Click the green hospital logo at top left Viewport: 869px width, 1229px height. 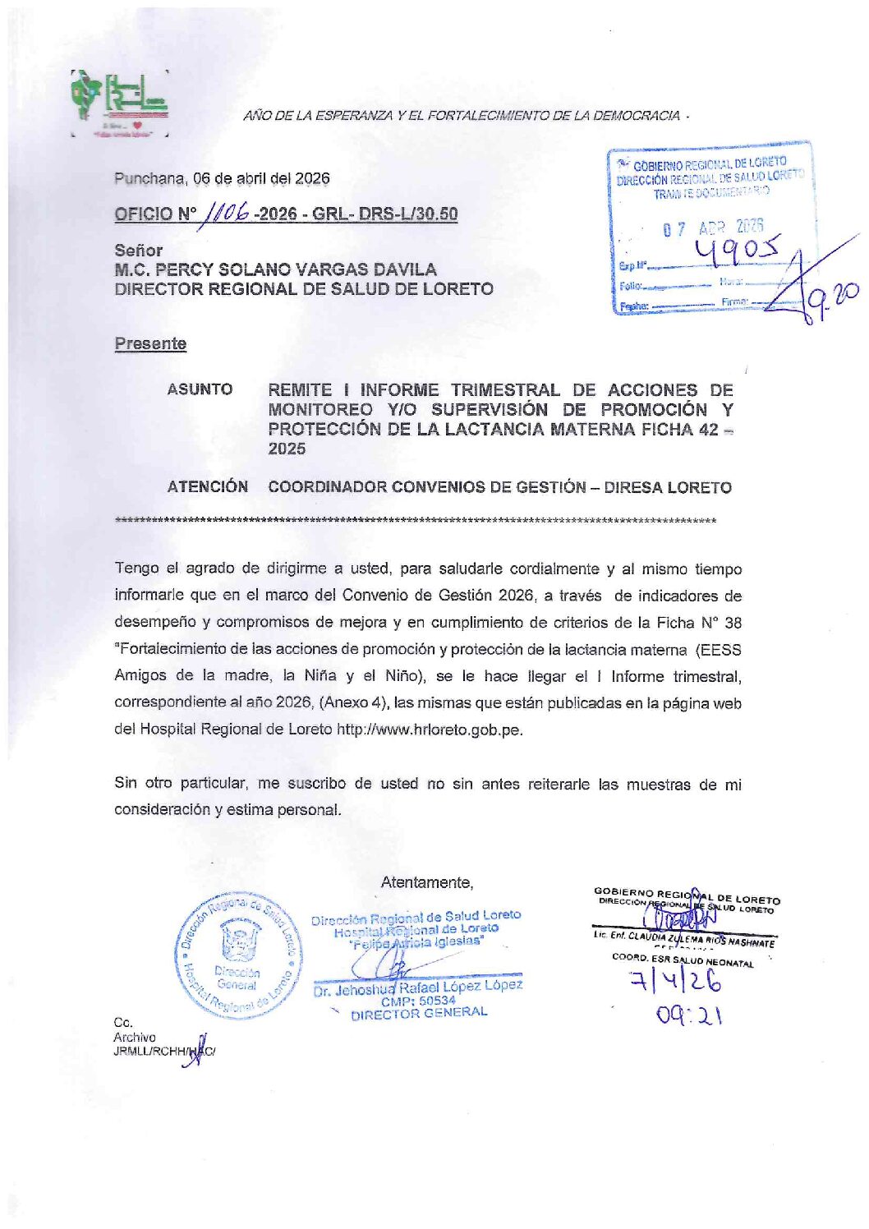click(120, 101)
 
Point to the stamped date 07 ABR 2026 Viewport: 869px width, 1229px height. click(713, 228)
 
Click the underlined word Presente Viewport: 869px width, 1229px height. click(150, 343)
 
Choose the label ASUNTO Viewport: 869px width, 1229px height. click(200, 389)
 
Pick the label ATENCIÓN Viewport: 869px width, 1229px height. click(207, 486)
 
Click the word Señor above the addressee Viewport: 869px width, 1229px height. click(138, 250)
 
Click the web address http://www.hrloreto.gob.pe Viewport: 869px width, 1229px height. click(429, 729)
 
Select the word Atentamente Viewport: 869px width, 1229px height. click(426, 882)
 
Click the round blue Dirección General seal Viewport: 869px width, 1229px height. click(237, 956)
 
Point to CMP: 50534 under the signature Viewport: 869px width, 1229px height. click(418, 1001)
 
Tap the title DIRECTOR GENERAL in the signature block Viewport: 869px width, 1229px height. click(419, 1014)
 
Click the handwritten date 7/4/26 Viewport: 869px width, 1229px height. click(675, 982)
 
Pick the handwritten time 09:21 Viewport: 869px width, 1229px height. click(688, 1016)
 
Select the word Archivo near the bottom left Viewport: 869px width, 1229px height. click(134, 1038)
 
